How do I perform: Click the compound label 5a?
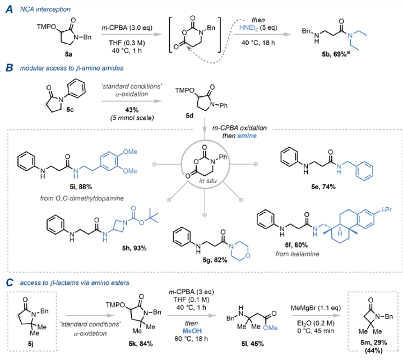(x=68, y=54)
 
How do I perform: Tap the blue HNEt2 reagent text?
(x=248, y=28)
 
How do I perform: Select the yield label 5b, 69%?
(x=336, y=54)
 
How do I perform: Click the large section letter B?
(x=10, y=68)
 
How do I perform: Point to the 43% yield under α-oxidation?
(x=132, y=110)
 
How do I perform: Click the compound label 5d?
(x=189, y=116)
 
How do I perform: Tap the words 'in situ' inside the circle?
(x=208, y=181)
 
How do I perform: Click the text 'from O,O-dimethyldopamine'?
(x=82, y=198)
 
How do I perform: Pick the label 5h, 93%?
(x=134, y=248)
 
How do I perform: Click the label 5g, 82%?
(x=215, y=260)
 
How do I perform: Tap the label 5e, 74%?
(x=323, y=186)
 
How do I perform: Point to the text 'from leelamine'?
(x=297, y=254)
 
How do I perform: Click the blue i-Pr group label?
(x=387, y=210)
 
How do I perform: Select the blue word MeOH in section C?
(x=192, y=331)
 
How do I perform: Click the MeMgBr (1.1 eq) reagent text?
(x=316, y=307)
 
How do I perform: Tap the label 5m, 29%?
(x=373, y=342)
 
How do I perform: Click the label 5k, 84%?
(x=141, y=344)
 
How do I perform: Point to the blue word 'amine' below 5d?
(x=247, y=135)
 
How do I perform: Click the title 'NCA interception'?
(x=45, y=10)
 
